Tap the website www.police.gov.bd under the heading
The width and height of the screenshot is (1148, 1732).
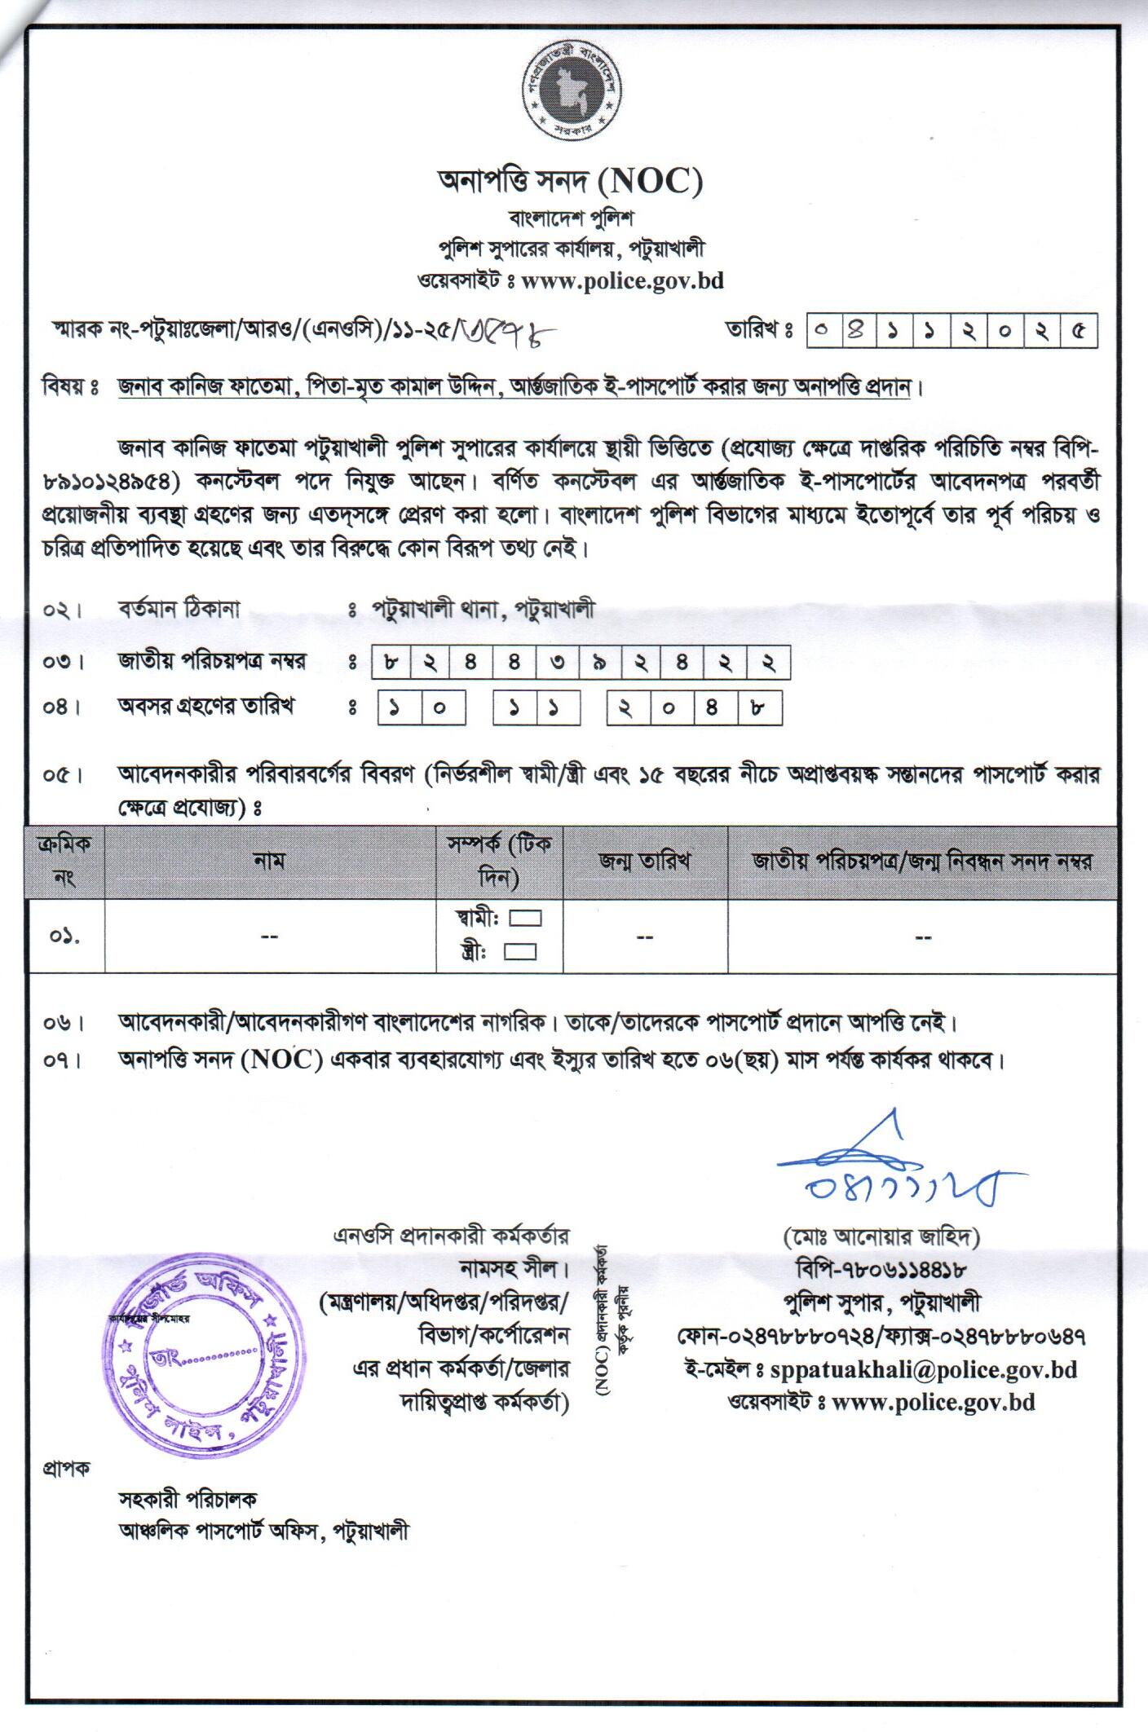(622, 281)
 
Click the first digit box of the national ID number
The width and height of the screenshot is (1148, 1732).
(392, 662)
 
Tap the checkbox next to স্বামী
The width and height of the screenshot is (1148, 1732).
(525, 919)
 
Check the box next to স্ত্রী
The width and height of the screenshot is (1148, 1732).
(520, 951)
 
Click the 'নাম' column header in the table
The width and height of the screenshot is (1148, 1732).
(269, 862)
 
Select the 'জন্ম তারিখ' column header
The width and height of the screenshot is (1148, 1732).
(645, 862)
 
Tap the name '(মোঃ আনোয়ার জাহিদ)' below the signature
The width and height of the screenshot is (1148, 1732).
(881, 1238)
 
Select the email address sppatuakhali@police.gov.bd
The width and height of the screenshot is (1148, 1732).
(924, 1368)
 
